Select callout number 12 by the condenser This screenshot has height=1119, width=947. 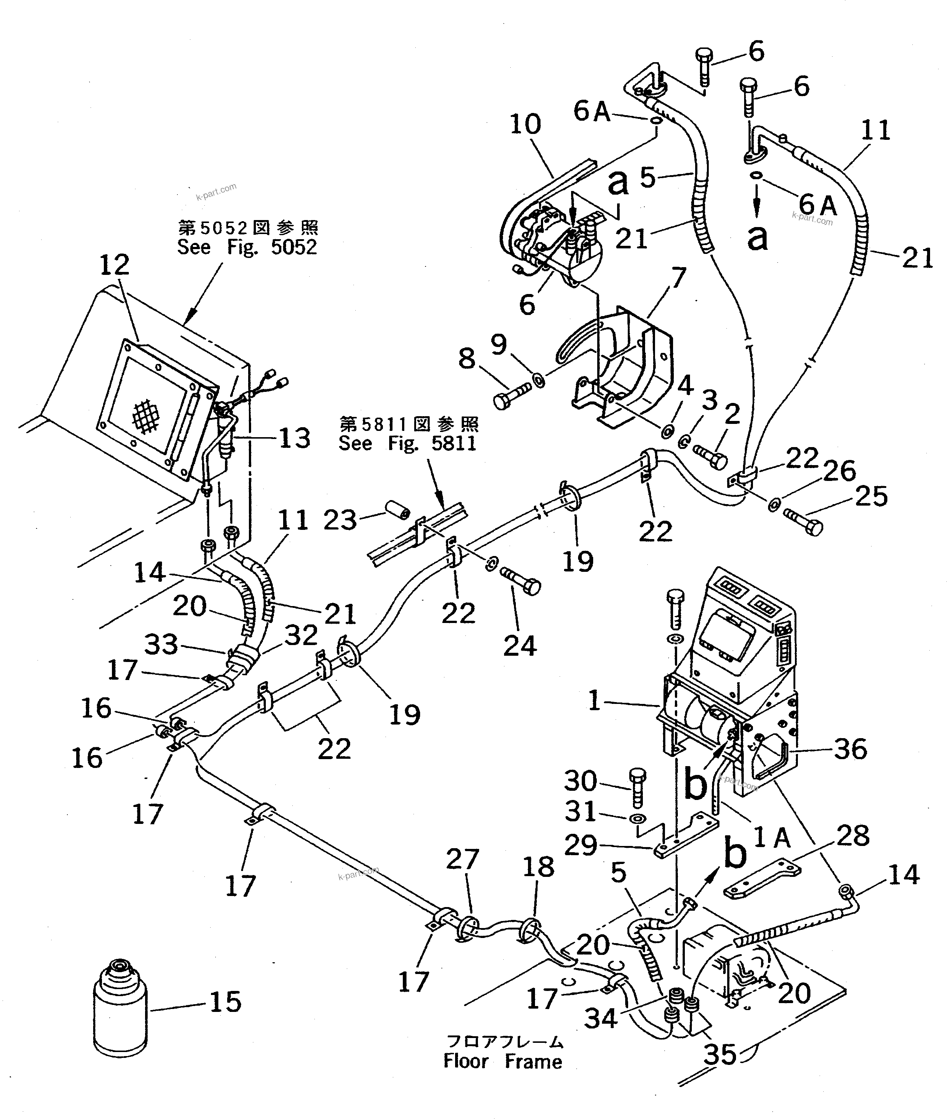(x=115, y=265)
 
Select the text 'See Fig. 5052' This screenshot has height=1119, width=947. (x=247, y=247)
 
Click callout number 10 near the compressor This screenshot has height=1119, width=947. (x=525, y=124)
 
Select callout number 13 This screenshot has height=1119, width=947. (x=294, y=438)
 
